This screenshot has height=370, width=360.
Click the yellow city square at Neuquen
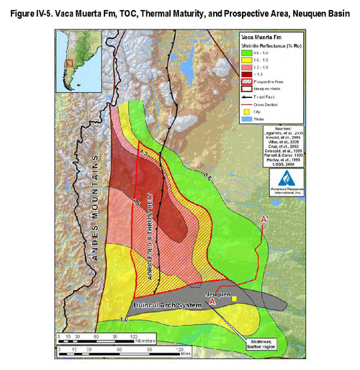pyautogui.click(x=234, y=298)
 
